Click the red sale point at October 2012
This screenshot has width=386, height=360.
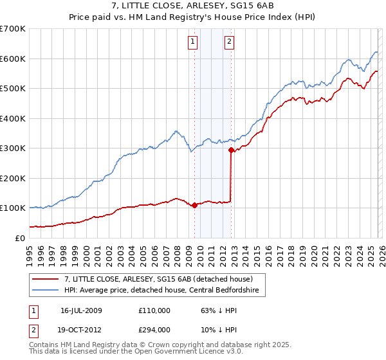(x=231, y=150)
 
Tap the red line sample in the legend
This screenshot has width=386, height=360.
(x=45, y=279)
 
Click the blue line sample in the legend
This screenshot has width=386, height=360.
(x=45, y=291)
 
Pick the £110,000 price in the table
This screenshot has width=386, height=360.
(x=154, y=310)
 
